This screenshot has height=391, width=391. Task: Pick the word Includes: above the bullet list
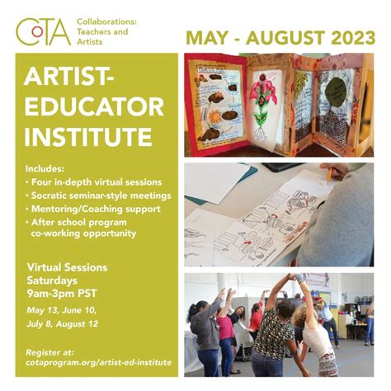click(49, 167)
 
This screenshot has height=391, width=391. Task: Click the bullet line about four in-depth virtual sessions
click(92, 181)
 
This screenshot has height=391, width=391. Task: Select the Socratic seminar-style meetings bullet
click(98, 195)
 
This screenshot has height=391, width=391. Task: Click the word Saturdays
click(54, 280)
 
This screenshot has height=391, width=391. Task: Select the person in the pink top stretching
click(224, 330)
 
